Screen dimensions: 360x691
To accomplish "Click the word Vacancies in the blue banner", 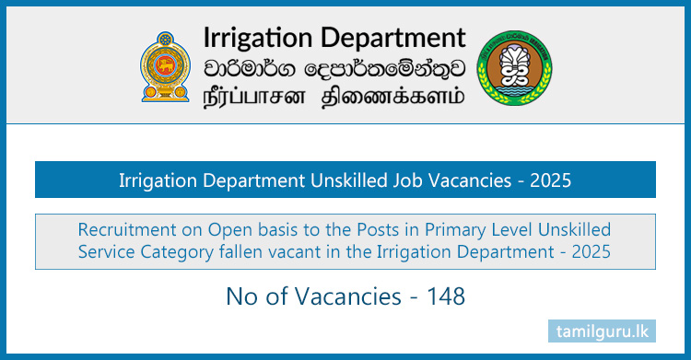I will [x=451, y=181].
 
